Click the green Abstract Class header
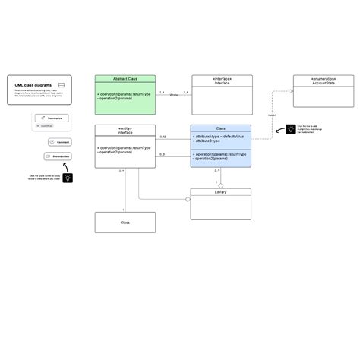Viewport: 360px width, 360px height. (x=125, y=78)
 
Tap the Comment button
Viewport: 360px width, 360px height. (x=62, y=142)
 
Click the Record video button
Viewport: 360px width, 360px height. (x=59, y=156)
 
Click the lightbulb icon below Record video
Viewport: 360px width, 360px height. (x=68, y=178)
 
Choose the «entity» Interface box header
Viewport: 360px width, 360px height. (x=125, y=131)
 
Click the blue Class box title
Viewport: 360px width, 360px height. (x=220, y=128)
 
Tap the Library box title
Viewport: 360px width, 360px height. (x=220, y=192)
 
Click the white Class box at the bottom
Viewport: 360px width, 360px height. (x=125, y=223)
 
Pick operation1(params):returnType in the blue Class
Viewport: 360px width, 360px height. (x=221, y=154)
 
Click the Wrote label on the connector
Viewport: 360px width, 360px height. (x=173, y=95)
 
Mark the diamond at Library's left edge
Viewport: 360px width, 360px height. (x=187, y=199)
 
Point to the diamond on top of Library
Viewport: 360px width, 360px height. (x=220, y=185)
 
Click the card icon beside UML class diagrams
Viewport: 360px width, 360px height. (x=62, y=85)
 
